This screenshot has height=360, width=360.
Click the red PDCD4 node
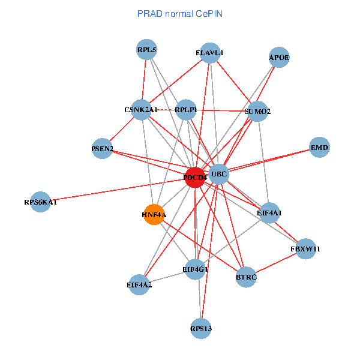coord(195,178)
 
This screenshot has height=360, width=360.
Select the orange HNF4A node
coord(154,214)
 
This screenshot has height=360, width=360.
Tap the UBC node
coord(219,174)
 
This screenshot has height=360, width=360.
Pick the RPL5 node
coord(147,49)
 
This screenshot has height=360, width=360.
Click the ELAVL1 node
coord(210,53)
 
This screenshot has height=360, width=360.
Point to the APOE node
coord(279,57)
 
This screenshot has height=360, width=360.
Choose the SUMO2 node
coord(257,112)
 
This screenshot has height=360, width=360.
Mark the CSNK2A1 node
coord(141,110)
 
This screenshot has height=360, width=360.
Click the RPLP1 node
coord(186,110)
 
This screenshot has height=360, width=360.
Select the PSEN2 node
coord(102,149)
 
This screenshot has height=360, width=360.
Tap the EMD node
coord(319,147)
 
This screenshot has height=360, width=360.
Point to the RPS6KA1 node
coord(40,202)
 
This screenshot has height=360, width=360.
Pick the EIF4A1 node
coord(269,213)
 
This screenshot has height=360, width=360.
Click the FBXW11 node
coord(305,249)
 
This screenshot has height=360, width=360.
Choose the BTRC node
coord(246,277)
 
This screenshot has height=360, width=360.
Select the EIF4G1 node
coord(195,269)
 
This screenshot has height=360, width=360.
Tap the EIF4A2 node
coord(139,284)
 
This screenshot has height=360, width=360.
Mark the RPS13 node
coord(201,329)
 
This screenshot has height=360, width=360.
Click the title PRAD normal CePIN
coord(180,14)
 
